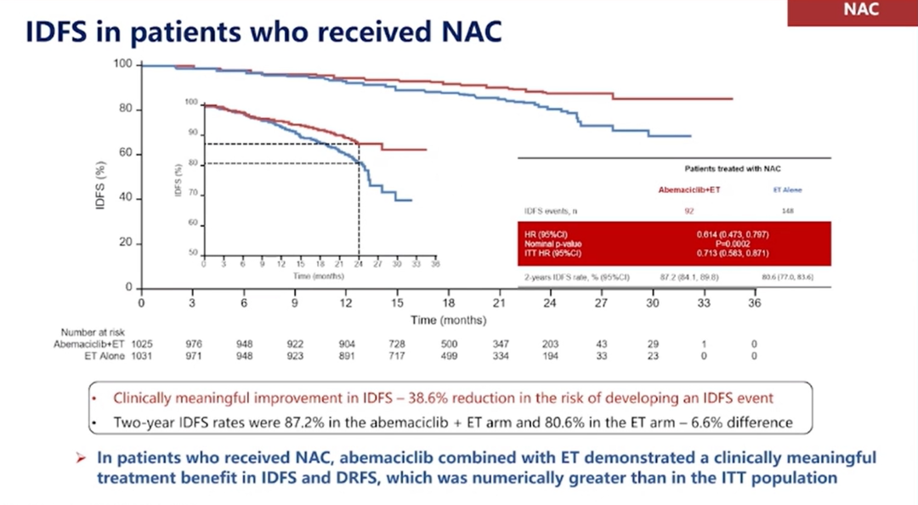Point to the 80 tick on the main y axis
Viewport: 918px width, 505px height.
[126, 110]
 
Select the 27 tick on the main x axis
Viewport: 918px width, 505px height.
[601, 304]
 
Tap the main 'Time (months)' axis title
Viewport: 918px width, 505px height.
[448, 321]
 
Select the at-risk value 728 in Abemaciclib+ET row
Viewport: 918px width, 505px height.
[397, 343]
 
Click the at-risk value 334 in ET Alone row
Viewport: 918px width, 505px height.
[499, 356]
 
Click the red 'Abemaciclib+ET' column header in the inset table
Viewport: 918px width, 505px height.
[689, 190]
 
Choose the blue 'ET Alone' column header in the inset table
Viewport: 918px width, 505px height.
[787, 190]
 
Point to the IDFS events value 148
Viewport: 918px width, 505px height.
[787, 209]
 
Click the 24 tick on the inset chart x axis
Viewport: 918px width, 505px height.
[358, 265]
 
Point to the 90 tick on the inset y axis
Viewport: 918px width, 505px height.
[192, 133]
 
